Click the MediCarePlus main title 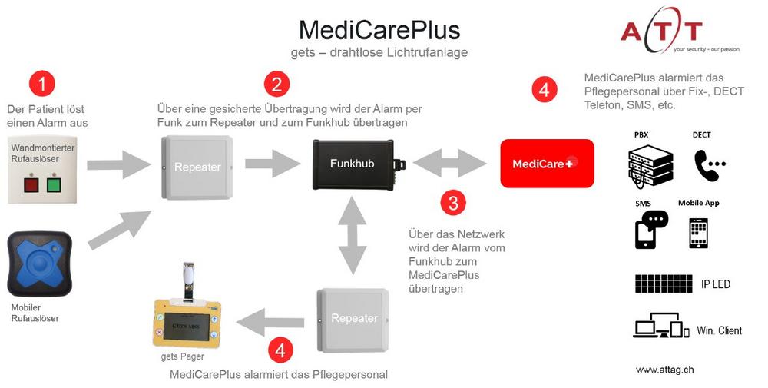click(379, 30)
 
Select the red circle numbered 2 click(276, 83)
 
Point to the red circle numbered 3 click(453, 203)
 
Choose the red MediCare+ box click(547, 163)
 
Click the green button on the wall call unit click(53, 185)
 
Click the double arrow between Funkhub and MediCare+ click(450, 163)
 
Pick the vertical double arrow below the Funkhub click(353, 235)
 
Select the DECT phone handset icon click(707, 164)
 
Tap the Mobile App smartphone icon click(698, 233)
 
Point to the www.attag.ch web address click(664, 370)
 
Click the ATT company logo click(660, 32)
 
